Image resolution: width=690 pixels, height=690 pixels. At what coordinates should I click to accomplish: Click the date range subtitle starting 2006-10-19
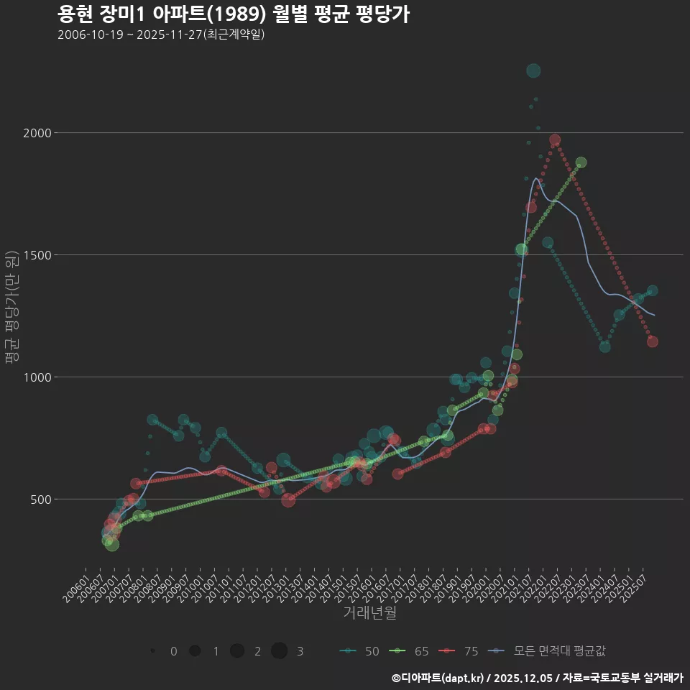[x=161, y=35]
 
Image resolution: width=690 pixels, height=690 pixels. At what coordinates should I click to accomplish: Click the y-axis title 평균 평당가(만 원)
[x=10, y=308]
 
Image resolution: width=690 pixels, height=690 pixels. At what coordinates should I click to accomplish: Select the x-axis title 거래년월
[x=369, y=613]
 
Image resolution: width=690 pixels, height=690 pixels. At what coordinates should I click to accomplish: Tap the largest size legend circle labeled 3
[x=280, y=651]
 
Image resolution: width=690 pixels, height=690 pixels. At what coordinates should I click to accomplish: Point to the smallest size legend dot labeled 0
[x=152, y=651]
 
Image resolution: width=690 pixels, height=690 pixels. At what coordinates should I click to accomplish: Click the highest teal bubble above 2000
[x=533, y=70]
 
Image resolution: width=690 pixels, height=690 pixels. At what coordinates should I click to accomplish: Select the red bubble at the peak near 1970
[x=555, y=140]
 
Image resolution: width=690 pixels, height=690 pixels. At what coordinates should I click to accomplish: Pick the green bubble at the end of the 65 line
[x=581, y=162]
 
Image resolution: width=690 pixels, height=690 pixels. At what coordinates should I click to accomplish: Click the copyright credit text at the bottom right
[x=537, y=678]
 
